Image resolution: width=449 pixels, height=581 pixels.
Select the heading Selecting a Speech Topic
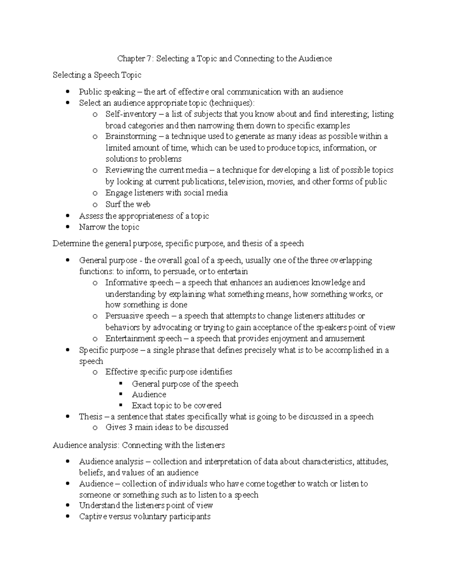(97, 75)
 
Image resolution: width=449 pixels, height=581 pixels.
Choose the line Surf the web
(128, 204)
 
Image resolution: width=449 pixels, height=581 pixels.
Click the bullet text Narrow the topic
(109, 227)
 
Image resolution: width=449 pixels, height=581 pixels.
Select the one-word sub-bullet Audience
(149, 395)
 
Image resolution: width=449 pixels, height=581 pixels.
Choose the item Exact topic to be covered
(176, 406)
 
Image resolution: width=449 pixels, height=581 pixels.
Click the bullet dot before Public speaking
(67, 92)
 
